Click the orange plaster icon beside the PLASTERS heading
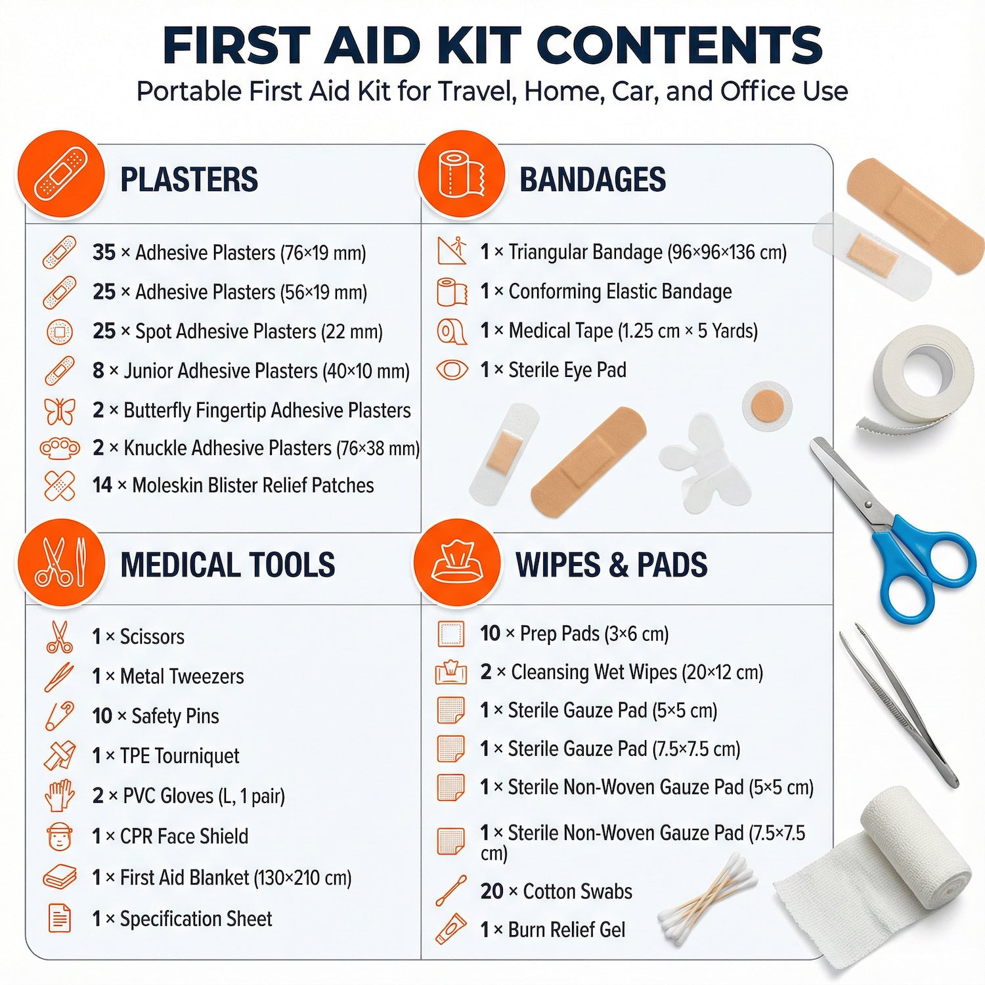[x=60, y=175]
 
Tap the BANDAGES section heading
[x=592, y=179]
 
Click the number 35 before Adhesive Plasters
[x=104, y=252]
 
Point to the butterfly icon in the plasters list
[x=60, y=410]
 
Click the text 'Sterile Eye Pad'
[x=567, y=370]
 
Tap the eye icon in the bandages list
[x=452, y=370]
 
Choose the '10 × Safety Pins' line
[x=156, y=716]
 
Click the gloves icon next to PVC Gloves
[x=60, y=795]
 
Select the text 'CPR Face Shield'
[x=184, y=836]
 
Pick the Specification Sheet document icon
[x=60, y=917]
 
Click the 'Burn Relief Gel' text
[x=567, y=930]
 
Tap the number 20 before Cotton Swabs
[x=492, y=891]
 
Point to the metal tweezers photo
[x=898, y=705]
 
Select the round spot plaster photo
[x=767, y=406]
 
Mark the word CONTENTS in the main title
[x=679, y=45]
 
